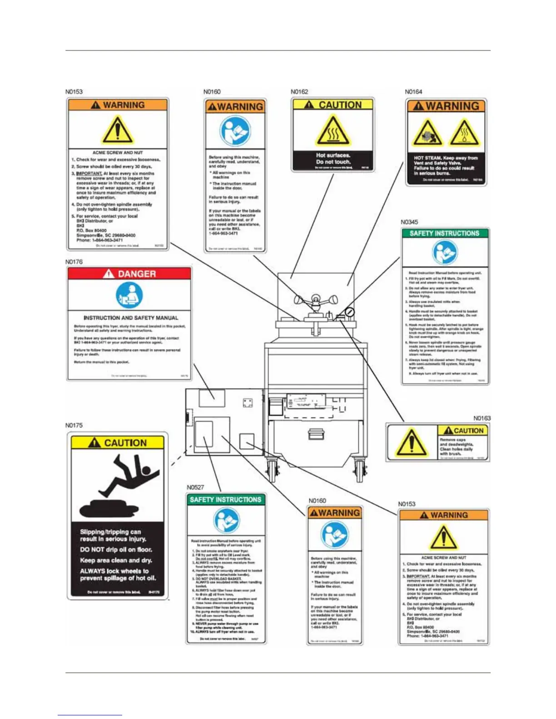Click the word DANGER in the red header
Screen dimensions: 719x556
136,274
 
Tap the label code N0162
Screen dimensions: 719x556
299,92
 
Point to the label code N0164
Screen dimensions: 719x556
413,92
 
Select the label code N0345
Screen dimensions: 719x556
409,222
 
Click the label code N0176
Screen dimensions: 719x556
74,262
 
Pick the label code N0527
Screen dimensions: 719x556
195,488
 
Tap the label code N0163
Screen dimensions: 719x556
482,418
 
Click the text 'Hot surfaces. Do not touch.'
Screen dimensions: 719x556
333,158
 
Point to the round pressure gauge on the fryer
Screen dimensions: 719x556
350,312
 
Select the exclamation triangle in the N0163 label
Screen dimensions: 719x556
411,443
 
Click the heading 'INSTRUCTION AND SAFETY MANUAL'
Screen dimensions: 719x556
131,318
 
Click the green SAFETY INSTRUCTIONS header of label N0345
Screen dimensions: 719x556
444,233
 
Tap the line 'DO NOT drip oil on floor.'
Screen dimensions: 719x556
116,550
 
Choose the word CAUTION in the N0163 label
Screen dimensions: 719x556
468,430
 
